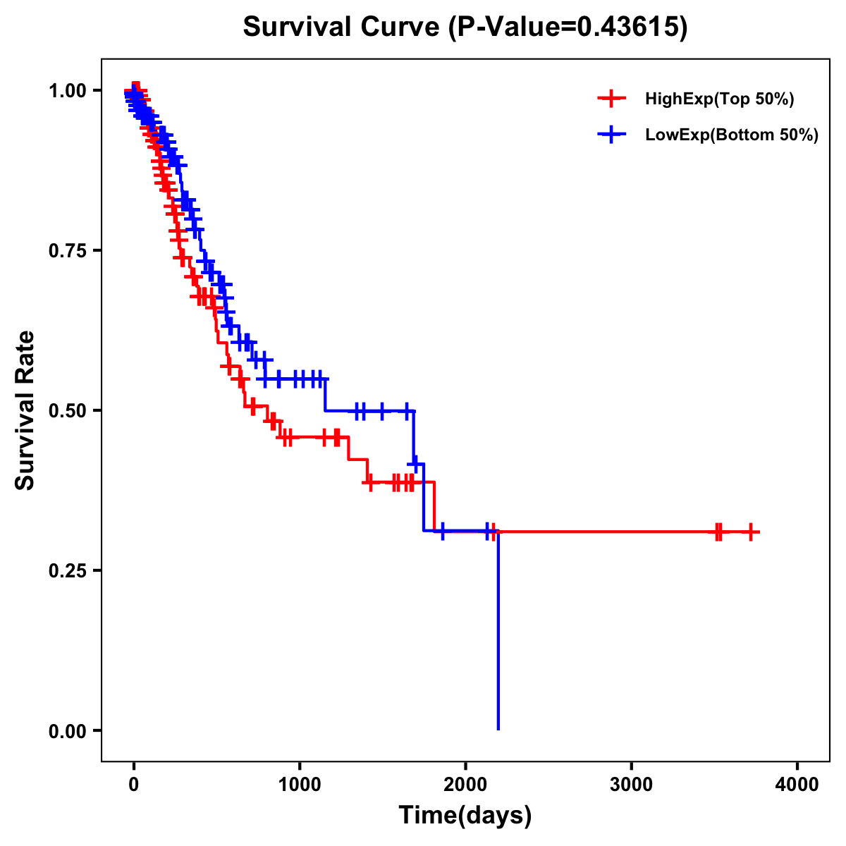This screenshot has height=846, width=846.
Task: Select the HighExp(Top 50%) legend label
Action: coord(720,99)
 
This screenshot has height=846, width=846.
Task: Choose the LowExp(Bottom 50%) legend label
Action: coord(732,135)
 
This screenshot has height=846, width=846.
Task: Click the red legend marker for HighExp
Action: coord(611,99)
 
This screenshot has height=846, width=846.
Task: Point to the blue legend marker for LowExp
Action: coord(611,135)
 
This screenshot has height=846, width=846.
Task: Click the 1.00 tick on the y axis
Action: coord(67,90)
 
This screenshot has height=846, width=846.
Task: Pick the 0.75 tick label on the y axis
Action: coord(67,250)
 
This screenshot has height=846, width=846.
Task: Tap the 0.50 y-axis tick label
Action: coord(67,410)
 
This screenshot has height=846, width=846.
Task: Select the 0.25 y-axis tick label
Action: coord(67,570)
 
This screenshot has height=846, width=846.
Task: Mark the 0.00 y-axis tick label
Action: coord(67,730)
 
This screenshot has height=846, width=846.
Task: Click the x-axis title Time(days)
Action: coord(465,816)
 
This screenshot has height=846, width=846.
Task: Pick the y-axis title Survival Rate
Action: coord(25,410)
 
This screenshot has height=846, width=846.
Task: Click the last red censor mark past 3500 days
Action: coord(751,532)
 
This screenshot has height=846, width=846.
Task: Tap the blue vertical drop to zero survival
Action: coord(498,634)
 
